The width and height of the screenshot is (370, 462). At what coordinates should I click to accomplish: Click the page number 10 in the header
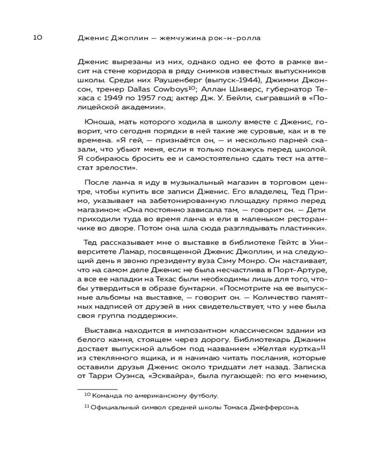pos(37,38)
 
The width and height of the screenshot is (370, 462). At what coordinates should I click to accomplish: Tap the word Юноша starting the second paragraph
pos(97,122)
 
